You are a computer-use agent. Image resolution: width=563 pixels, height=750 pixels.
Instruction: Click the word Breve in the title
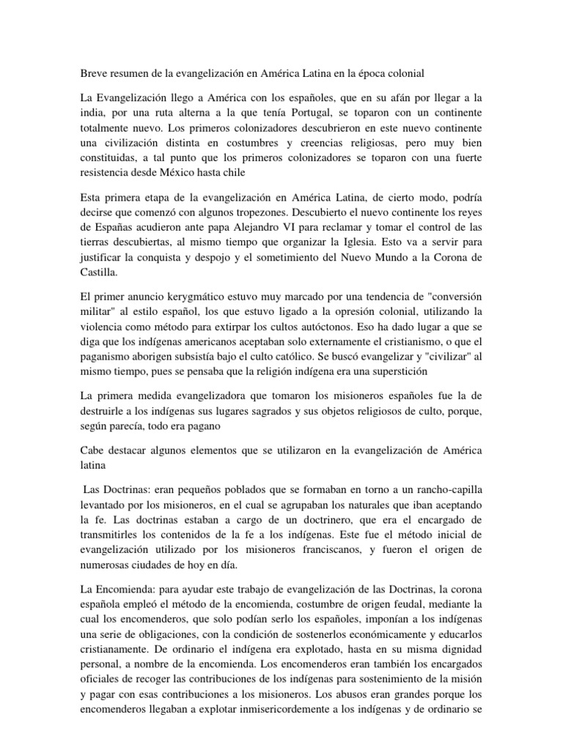tap(92, 73)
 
